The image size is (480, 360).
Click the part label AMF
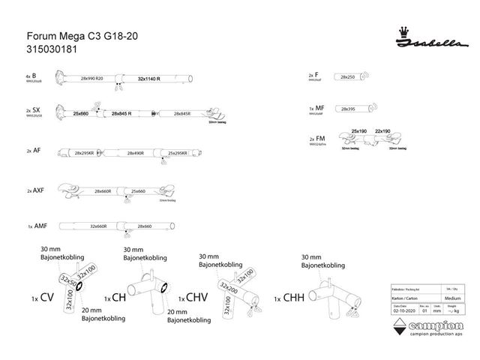click(41, 226)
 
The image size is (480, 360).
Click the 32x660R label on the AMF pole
click(98, 226)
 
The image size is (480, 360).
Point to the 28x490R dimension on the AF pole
click(135, 153)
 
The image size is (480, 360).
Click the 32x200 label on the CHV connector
click(229, 287)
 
